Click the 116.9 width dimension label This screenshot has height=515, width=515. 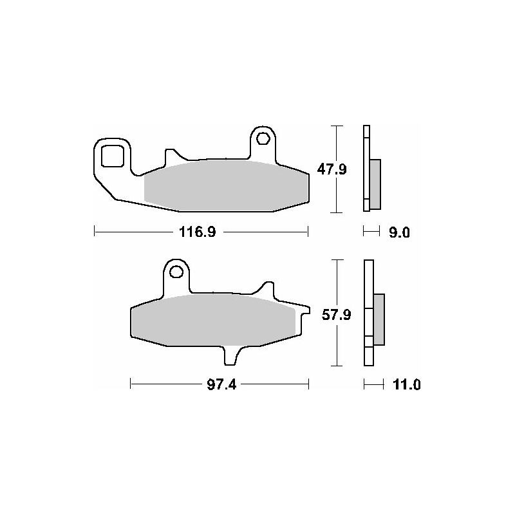click(198, 232)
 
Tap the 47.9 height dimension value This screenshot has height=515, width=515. click(332, 169)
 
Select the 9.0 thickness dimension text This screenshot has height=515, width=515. click(399, 233)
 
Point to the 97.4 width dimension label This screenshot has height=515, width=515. click(221, 384)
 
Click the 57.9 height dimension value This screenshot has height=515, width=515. click(336, 315)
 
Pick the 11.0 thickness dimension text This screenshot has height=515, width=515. click(407, 384)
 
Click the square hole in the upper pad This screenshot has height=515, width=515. click(112, 156)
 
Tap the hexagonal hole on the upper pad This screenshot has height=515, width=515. click(263, 138)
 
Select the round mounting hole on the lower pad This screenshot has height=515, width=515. click(176, 272)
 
